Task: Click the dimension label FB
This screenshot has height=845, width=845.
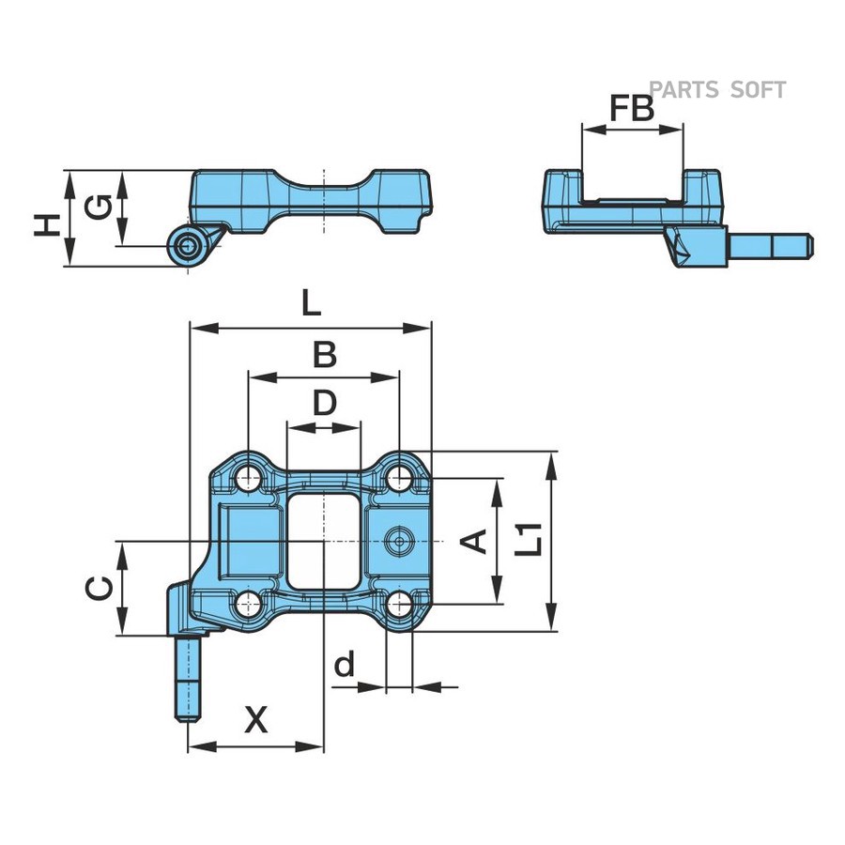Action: pyautogui.click(x=631, y=109)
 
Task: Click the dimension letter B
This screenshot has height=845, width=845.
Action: pyautogui.click(x=324, y=355)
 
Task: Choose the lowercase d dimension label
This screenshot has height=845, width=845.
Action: pyautogui.click(x=345, y=665)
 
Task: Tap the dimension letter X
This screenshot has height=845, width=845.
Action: pyautogui.click(x=255, y=721)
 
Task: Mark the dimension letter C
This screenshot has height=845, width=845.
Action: pyautogui.click(x=100, y=589)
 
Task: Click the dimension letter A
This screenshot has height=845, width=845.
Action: pyautogui.click(x=477, y=541)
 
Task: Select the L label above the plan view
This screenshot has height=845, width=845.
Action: pyautogui.click(x=310, y=303)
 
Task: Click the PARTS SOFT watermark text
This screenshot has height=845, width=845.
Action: pyautogui.click(x=717, y=90)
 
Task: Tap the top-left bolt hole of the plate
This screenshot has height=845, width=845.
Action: pyautogui.click(x=249, y=479)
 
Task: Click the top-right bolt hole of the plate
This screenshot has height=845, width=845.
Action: pyautogui.click(x=399, y=479)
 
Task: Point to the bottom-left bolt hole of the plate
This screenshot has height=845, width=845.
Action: pyautogui.click(x=249, y=603)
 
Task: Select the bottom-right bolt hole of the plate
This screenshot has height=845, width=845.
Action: pyautogui.click(x=399, y=603)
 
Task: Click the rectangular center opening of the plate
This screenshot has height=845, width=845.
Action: pyautogui.click(x=323, y=542)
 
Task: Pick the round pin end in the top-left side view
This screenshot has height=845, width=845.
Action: pyautogui.click(x=188, y=247)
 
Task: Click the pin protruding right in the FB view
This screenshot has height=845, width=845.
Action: pyautogui.click(x=771, y=246)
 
